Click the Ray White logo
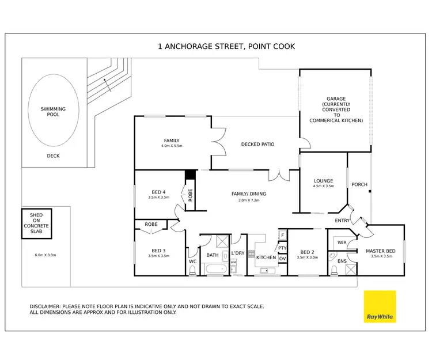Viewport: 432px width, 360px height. pos(380,307)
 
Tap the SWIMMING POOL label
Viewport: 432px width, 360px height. pos(53,111)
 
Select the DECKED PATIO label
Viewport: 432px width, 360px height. pos(257,144)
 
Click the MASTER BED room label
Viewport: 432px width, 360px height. pos(380,251)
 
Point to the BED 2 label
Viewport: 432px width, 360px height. pos(309,251)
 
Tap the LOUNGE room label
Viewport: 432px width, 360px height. pos(323,181)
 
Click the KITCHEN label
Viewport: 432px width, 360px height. pos(266,257)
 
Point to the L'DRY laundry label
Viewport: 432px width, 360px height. pos(238,253)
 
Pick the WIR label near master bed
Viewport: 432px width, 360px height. pos(342,242)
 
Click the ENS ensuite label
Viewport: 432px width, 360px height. pos(342,261)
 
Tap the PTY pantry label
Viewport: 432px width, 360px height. pos(282,248)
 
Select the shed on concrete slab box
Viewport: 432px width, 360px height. pos(36,223)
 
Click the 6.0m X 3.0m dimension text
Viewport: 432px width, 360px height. pos(46,255)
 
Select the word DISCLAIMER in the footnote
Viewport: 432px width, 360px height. pos(47,306)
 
